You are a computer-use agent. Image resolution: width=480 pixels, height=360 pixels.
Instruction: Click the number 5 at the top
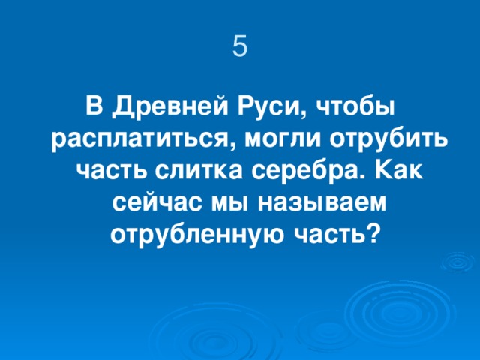239,46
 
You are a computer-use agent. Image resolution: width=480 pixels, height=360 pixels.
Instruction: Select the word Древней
159,107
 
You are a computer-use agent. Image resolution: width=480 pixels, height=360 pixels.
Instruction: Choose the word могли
274,139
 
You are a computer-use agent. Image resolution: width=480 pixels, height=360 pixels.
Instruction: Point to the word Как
397,172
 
